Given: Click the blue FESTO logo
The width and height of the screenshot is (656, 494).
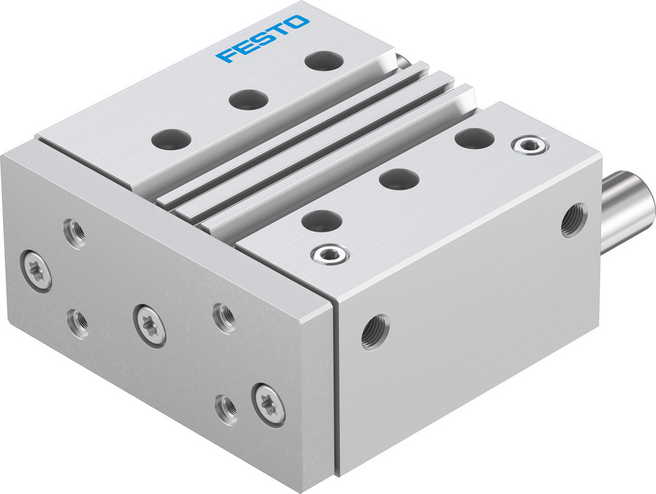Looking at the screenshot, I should click(262, 39).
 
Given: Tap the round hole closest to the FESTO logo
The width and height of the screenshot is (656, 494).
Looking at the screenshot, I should click(323, 61).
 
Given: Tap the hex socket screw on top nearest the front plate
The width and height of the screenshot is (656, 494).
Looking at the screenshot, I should click(330, 253).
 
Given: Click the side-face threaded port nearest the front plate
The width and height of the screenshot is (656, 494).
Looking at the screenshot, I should click(375, 331).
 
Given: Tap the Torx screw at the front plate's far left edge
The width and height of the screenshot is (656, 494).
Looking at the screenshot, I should click(37, 269).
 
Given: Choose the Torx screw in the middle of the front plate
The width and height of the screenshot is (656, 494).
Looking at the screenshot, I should click(150, 325).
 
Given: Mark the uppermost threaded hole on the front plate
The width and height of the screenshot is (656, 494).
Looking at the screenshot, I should click(75, 233).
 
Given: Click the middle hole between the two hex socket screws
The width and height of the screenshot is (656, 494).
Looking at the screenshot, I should click(399, 178).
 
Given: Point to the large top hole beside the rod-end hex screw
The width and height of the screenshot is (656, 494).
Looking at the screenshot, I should click(474, 138).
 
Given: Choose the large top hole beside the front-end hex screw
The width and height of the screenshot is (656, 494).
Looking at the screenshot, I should click(321, 220).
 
